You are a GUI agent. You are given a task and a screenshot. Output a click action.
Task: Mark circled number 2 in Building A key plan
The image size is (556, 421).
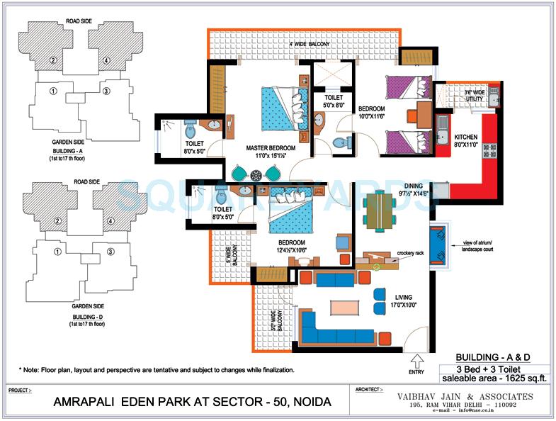(53, 60)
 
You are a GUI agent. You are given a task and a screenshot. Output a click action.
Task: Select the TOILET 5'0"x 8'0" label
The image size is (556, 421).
(334, 101)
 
